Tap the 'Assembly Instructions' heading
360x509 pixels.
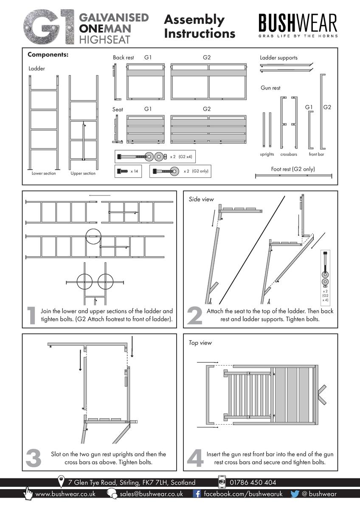coord(199,26)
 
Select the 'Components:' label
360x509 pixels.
coord(48,55)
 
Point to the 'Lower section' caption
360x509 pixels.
coord(44,173)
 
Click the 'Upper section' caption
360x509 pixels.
coord(83,173)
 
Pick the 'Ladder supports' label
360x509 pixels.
coord(278,58)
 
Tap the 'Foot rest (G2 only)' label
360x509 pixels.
coord(293,169)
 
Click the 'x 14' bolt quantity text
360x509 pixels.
coord(135,171)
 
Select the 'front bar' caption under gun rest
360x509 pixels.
coord(316,154)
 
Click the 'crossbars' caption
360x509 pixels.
coord(289,154)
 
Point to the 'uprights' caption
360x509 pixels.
coord(267,154)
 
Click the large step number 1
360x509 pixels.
coord(31,316)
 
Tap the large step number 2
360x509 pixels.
coord(194,316)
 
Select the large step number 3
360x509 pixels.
coord(34,459)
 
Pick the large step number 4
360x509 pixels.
coord(195,459)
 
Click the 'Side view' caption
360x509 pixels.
coord(201,199)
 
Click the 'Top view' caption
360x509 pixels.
coord(200,342)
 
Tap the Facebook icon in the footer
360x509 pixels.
coord(197,494)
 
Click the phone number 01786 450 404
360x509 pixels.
coord(253,482)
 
